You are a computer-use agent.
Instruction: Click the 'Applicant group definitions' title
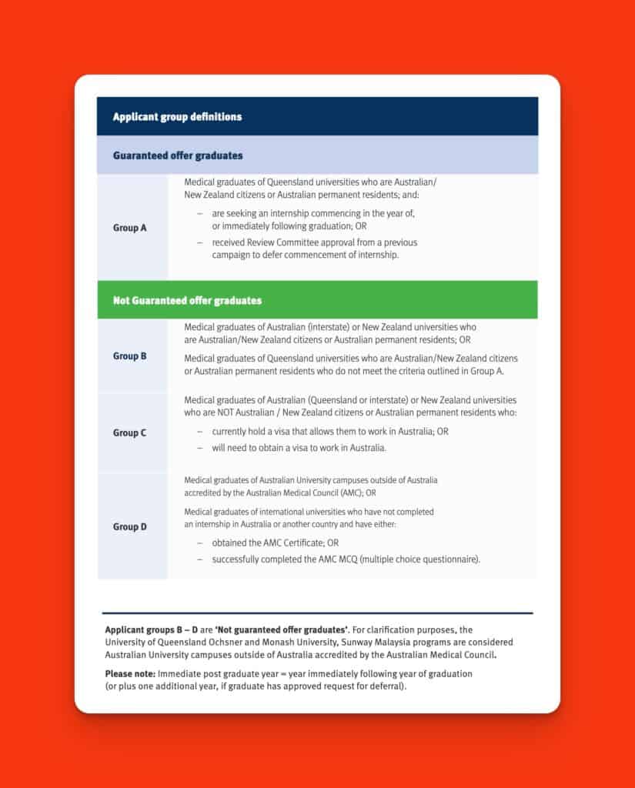pos(177,117)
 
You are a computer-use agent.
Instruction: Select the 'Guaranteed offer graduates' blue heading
pos(178,155)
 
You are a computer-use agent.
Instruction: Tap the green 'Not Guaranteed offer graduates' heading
pos(187,300)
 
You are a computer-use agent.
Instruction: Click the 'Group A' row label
pos(129,228)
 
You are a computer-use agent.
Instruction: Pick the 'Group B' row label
pos(129,356)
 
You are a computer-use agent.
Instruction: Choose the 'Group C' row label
pos(129,432)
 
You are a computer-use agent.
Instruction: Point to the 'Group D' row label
pos(129,527)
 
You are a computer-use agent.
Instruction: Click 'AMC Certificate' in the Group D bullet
pos(279,543)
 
